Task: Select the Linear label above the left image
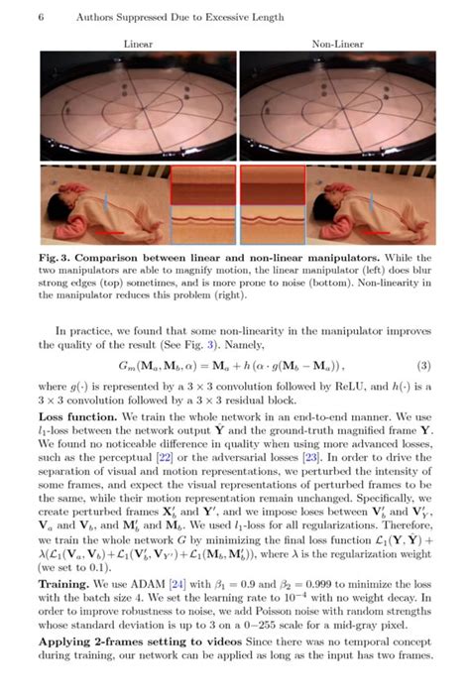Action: pos(137,45)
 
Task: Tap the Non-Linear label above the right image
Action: pos(336,45)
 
